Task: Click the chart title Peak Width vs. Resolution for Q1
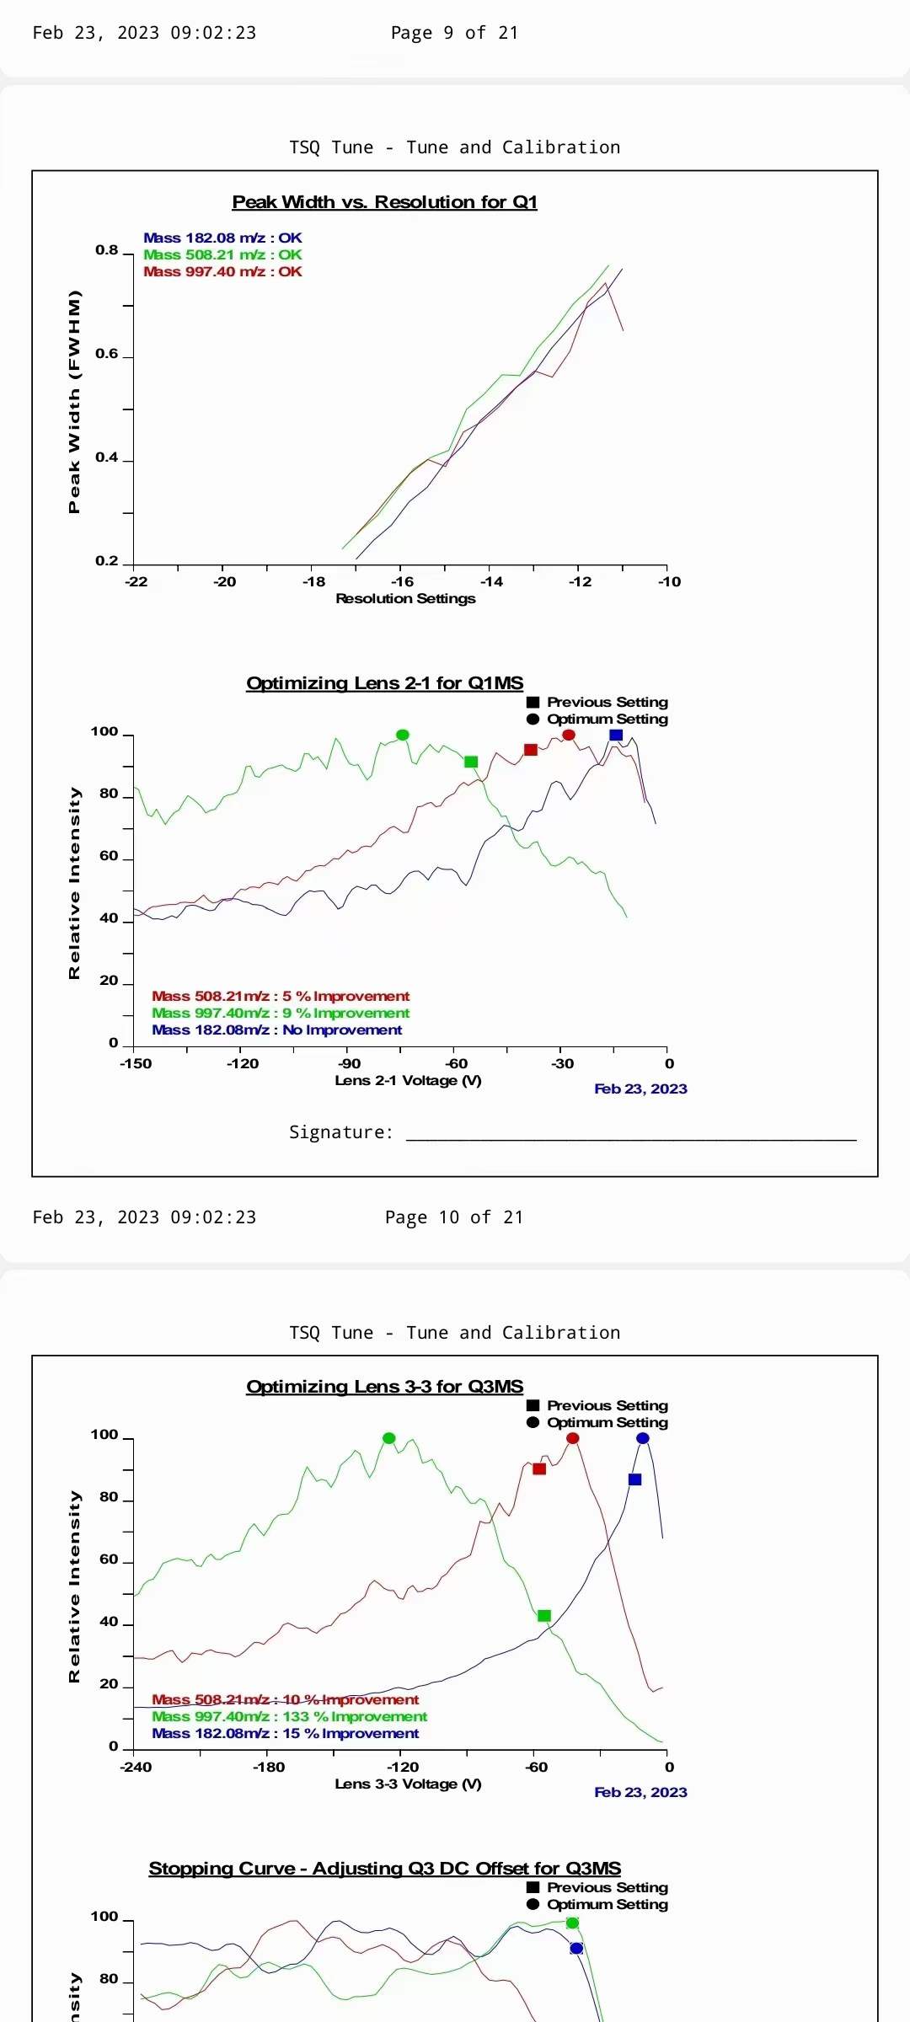(x=384, y=202)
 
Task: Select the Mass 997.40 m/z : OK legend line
(x=222, y=271)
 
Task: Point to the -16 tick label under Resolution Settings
(x=403, y=581)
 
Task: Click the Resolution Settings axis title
(x=405, y=598)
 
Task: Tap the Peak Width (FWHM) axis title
(x=75, y=401)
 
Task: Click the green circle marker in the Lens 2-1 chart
(x=403, y=735)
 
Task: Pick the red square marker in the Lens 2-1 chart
(x=531, y=750)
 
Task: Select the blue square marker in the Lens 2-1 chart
(x=616, y=736)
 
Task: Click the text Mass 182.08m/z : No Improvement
(x=276, y=1030)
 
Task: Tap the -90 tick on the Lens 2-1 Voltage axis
(x=349, y=1063)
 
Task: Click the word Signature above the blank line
(x=340, y=1132)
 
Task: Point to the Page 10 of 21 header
(x=453, y=1217)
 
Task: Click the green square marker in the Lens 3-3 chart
(x=544, y=1616)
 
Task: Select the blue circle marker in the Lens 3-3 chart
(x=643, y=1438)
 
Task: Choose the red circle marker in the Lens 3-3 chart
(x=573, y=1438)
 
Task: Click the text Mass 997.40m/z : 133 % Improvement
(x=289, y=1716)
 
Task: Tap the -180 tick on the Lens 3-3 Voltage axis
(x=269, y=1767)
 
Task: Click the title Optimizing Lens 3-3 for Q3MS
(x=384, y=1387)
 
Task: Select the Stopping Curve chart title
(x=384, y=1869)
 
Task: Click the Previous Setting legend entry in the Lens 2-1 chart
(x=607, y=702)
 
